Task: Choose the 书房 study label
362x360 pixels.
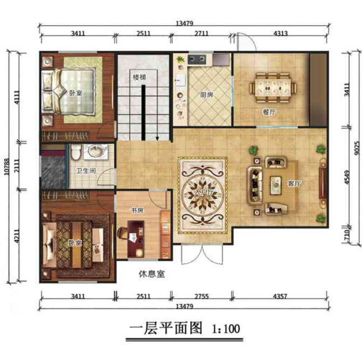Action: pyautogui.click(x=137, y=210)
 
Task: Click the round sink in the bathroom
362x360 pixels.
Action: pyautogui.click(x=95, y=152)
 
